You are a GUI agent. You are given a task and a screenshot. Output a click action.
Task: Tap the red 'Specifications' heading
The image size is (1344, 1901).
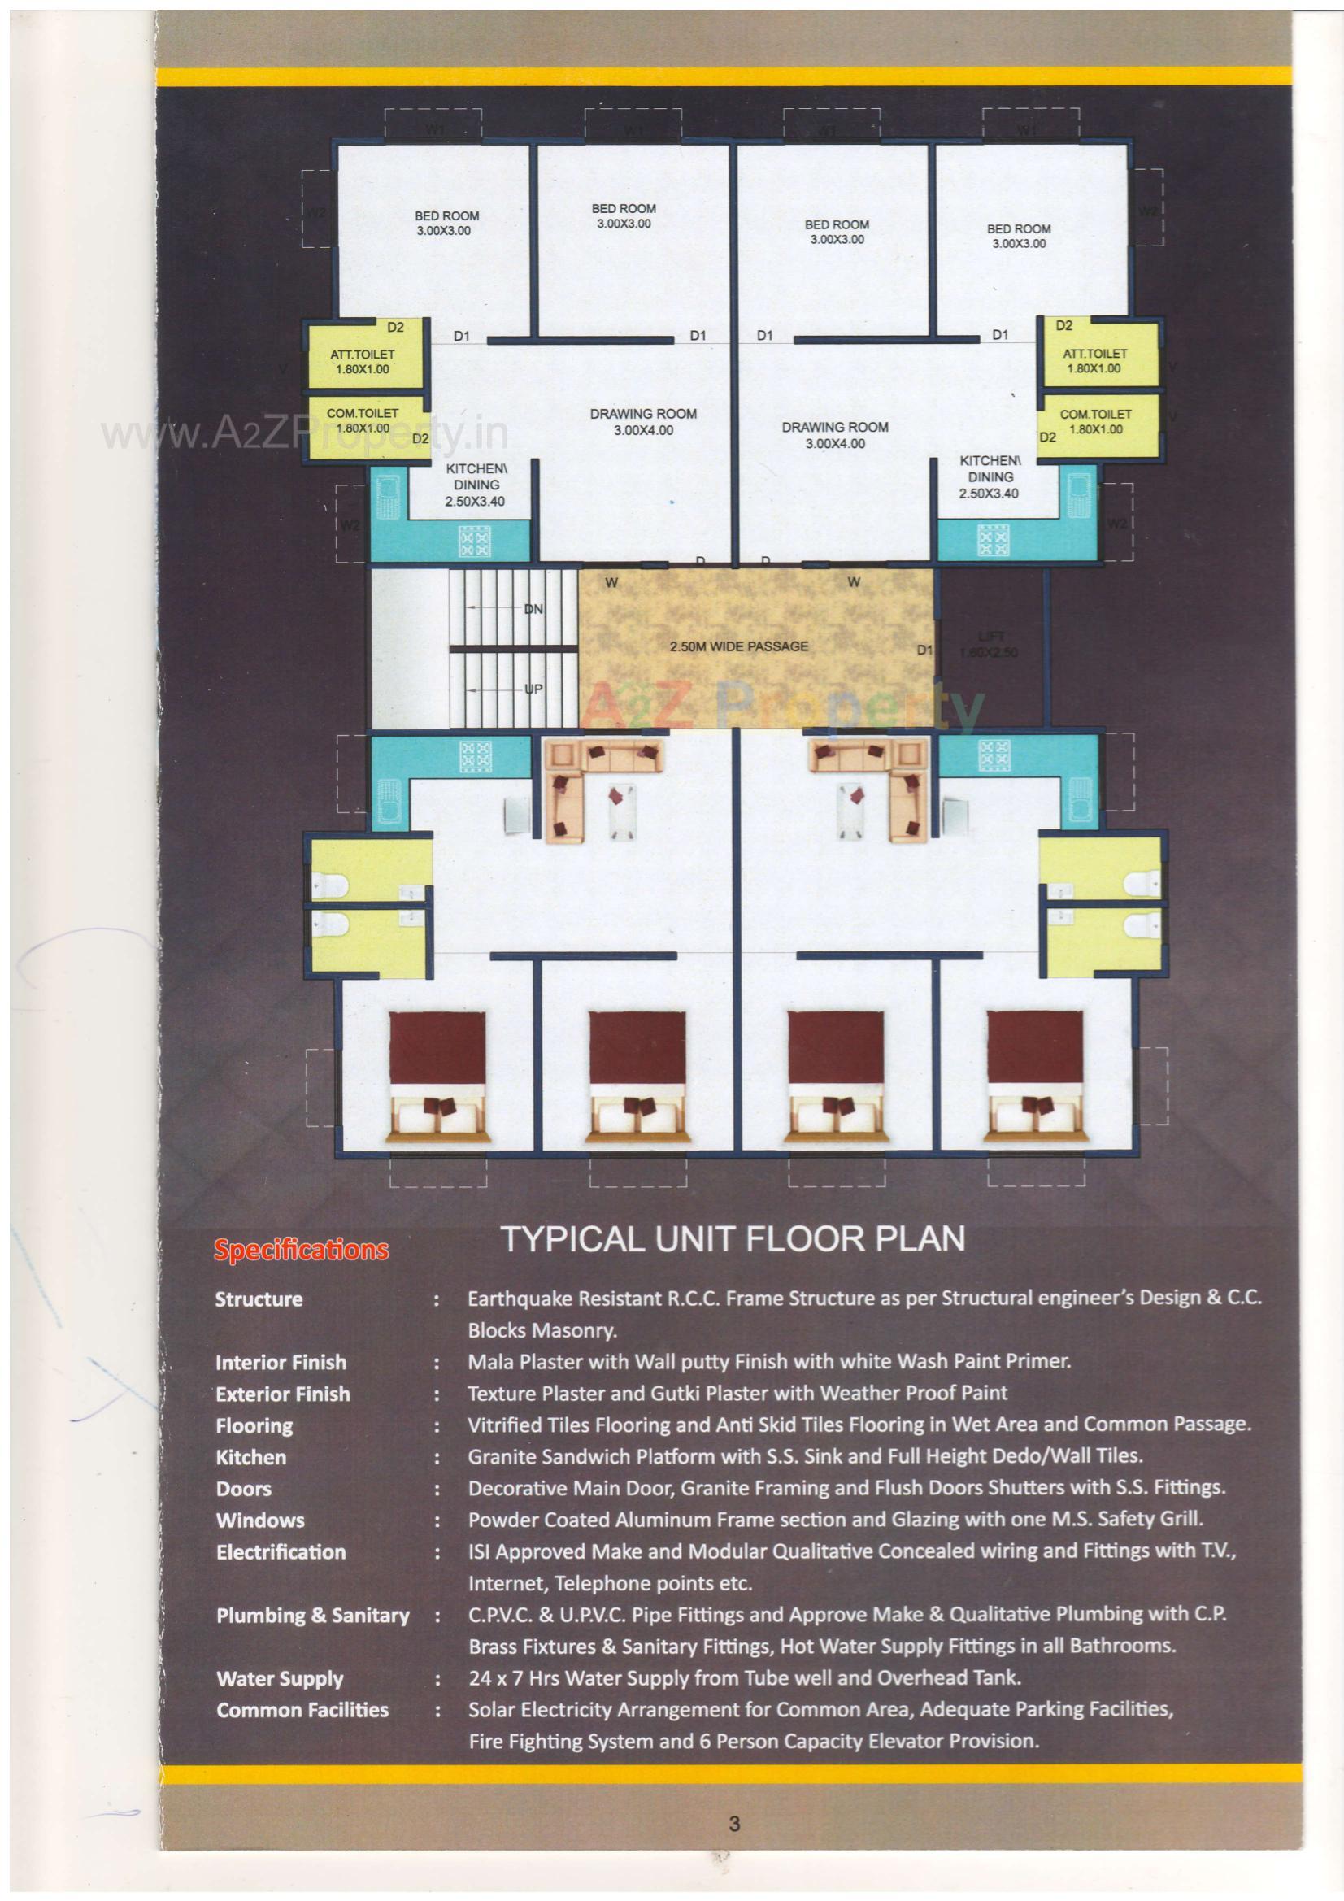coord(301,1250)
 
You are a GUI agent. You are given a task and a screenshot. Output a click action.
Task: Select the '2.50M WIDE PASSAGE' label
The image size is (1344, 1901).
coord(738,646)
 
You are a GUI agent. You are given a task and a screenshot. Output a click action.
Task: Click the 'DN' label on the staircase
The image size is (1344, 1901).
coord(533,609)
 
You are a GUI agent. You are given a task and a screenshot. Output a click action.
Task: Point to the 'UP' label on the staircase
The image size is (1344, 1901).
coord(533,687)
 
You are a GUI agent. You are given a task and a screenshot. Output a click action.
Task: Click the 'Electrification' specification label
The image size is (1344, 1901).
coord(281,1551)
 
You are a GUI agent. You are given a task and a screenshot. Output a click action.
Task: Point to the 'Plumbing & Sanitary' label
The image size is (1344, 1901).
coord(312,1615)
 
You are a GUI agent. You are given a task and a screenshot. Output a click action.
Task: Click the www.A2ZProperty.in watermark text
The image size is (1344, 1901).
coord(303,434)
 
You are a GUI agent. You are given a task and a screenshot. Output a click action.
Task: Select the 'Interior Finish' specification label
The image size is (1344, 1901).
coord(281,1362)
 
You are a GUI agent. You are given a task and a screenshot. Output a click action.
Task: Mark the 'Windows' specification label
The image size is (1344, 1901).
coord(260,1520)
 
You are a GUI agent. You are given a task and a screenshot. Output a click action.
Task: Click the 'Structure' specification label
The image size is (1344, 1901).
coord(259,1299)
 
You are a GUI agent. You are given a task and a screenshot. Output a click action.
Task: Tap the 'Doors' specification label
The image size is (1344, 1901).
coord(243,1489)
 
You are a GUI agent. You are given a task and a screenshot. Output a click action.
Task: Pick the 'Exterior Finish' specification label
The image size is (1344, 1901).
coord(282,1394)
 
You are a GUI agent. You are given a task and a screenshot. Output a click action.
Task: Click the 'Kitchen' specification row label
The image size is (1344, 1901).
coord(251,1457)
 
